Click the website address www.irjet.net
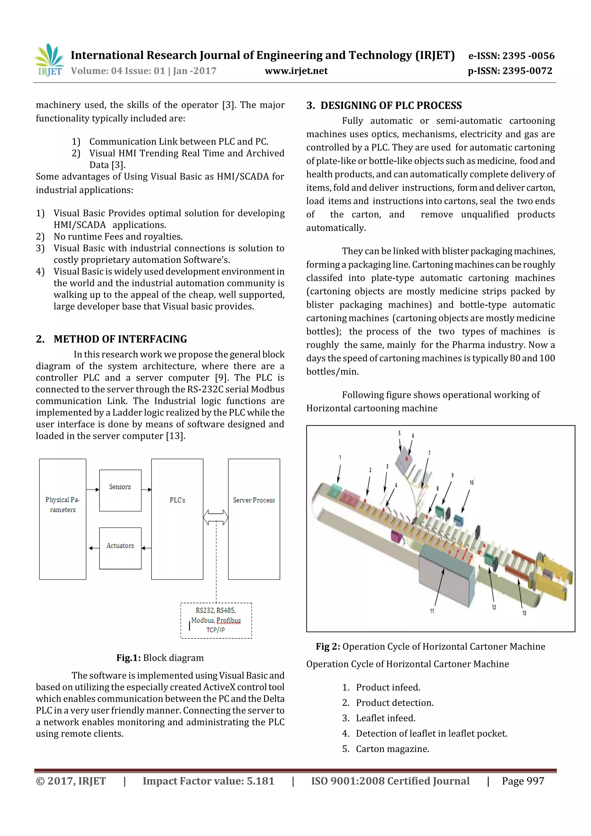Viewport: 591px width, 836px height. (296, 71)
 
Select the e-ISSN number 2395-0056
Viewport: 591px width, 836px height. (511, 56)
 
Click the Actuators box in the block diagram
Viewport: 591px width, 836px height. (120, 548)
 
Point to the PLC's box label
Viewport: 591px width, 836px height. (177, 500)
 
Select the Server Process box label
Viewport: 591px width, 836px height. (254, 500)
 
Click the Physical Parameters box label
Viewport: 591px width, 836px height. (63, 505)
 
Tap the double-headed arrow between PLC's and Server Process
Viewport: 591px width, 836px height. (216, 517)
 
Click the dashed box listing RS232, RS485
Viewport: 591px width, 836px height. (216, 620)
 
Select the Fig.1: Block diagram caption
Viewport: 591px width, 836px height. (160, 658)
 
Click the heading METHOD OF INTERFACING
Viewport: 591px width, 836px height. (120, 339)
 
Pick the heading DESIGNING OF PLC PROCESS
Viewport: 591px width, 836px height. (391, 106)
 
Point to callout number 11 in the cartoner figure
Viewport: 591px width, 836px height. (432, 611)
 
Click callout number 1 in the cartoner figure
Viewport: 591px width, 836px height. (340, 457)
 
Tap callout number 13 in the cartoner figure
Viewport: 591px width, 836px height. (524, 613)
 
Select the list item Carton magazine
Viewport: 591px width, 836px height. (392, 749)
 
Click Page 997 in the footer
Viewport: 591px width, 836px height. (523, 781)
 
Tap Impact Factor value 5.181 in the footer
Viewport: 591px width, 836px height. (208, 781)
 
